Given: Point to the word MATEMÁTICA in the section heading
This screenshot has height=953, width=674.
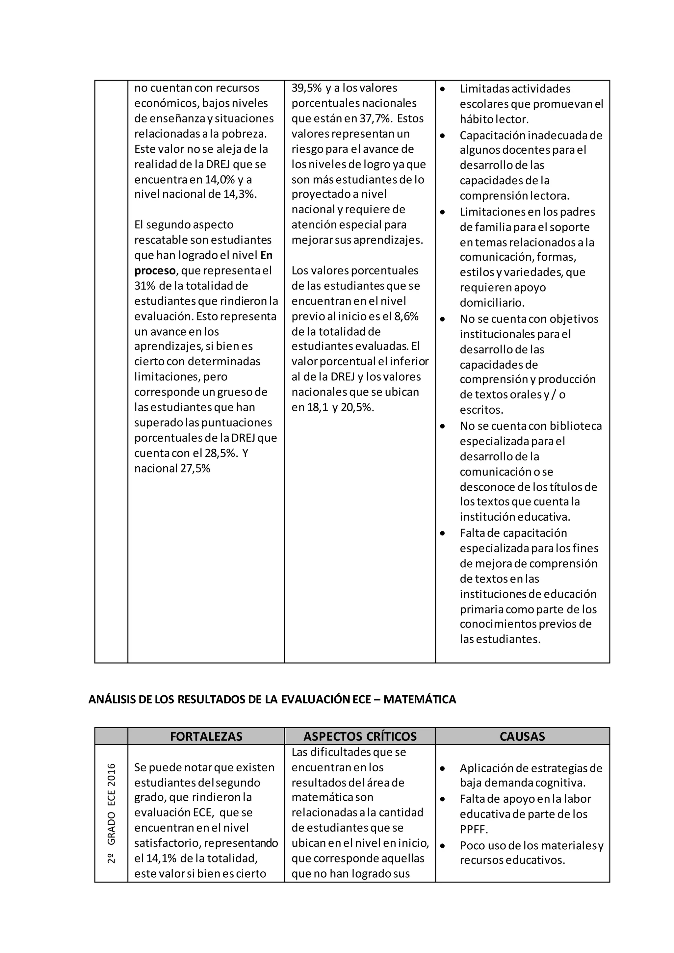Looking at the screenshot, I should click(x=420, y=699).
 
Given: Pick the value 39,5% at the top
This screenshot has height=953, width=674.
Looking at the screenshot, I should click(x=307, y=88).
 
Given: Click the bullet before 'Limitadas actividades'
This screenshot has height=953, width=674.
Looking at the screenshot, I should click(x=443, y=89).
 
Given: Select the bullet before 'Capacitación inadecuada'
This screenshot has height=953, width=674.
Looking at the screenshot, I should click(x=443, y=135).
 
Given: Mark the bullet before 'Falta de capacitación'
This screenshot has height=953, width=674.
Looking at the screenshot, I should click(x=443, y=533).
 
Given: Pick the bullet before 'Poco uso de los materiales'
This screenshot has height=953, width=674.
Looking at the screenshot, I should click(x=443, y=845).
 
